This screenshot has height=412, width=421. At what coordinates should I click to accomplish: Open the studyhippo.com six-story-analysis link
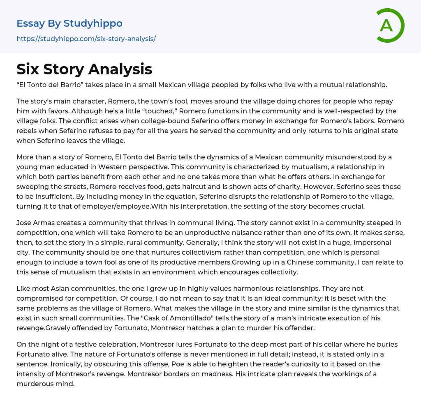[86, 39]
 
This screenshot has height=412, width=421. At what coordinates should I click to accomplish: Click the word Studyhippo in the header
[93, 23]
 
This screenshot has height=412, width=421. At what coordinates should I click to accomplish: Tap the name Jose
[24, 223]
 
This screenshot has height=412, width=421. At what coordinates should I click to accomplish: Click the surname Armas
[46, 223]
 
